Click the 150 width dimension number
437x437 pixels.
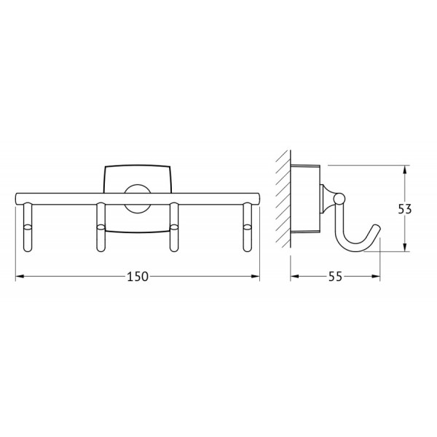(138, 276)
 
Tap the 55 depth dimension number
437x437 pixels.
(336, 276)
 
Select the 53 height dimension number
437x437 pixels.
(406, 209)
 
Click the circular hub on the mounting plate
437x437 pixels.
(135, 198)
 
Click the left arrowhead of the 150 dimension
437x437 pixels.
(19, 276)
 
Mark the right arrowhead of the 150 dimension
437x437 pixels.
(257, 276)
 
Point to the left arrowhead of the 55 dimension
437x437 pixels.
(293, 276)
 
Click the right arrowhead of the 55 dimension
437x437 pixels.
(377, 276)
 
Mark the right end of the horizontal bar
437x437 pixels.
(259, 197)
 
